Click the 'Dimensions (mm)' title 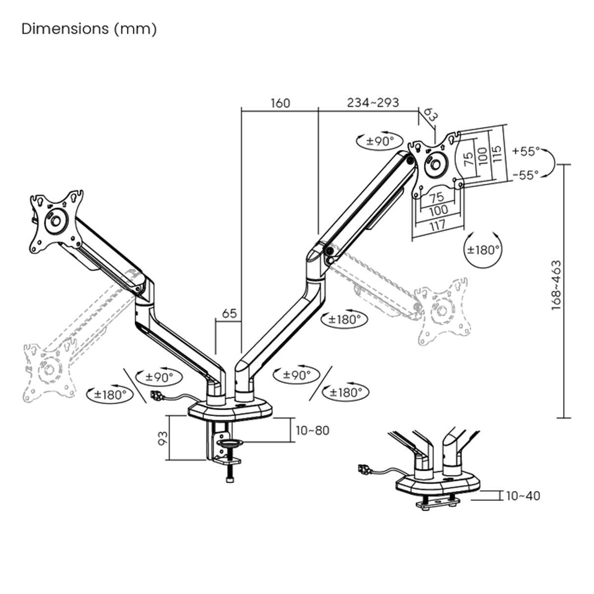pyautogui.click(x=89, y=29)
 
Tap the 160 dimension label pyautogui.click(x=280, y=103)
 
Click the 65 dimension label pyautogui.click(x=229, y=313)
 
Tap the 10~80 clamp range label pyautogui.click(x=312, y=431)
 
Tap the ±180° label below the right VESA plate pyautogui.click(x=482, y=250)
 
